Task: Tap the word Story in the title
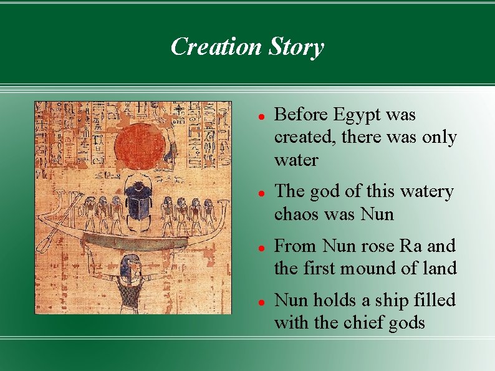pos(297,47)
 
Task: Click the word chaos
pos(295,214)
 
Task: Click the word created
pos(304,137)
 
